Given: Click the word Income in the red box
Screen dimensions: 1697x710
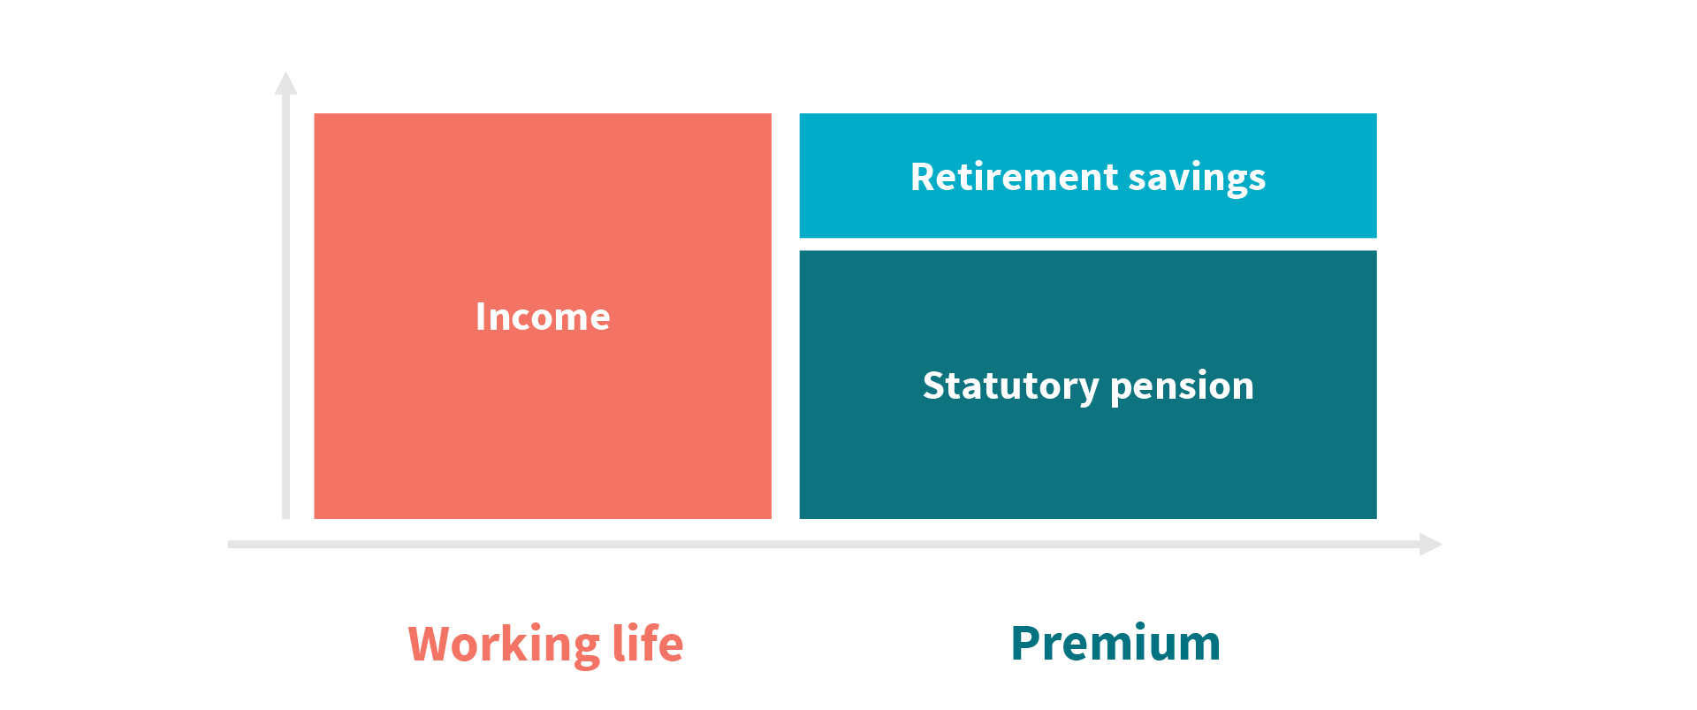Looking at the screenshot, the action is [543, 317].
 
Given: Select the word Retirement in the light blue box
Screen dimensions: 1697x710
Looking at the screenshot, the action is [1014, 177].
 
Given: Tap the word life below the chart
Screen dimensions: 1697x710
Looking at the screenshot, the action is [648, 643].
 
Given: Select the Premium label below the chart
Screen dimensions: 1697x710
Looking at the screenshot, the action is [1115, 643].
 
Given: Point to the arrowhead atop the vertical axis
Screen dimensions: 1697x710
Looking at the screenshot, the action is [285, 82].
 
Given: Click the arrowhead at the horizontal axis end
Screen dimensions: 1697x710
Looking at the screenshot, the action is [1431, 545].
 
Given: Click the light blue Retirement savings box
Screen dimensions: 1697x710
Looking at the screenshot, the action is [1088, 175].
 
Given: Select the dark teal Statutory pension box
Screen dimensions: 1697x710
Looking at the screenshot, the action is [1088, 385].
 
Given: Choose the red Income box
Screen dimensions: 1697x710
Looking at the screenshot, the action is [543, 316].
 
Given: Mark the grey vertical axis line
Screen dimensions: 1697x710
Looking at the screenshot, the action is [285, 306].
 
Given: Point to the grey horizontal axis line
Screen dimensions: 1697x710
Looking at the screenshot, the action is [824, 545].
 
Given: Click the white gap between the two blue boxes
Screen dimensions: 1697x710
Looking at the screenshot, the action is [1088, 244].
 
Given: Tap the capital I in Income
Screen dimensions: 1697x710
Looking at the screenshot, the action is [480, 317].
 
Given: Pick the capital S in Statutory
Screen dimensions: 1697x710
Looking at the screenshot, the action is [932, 386].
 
